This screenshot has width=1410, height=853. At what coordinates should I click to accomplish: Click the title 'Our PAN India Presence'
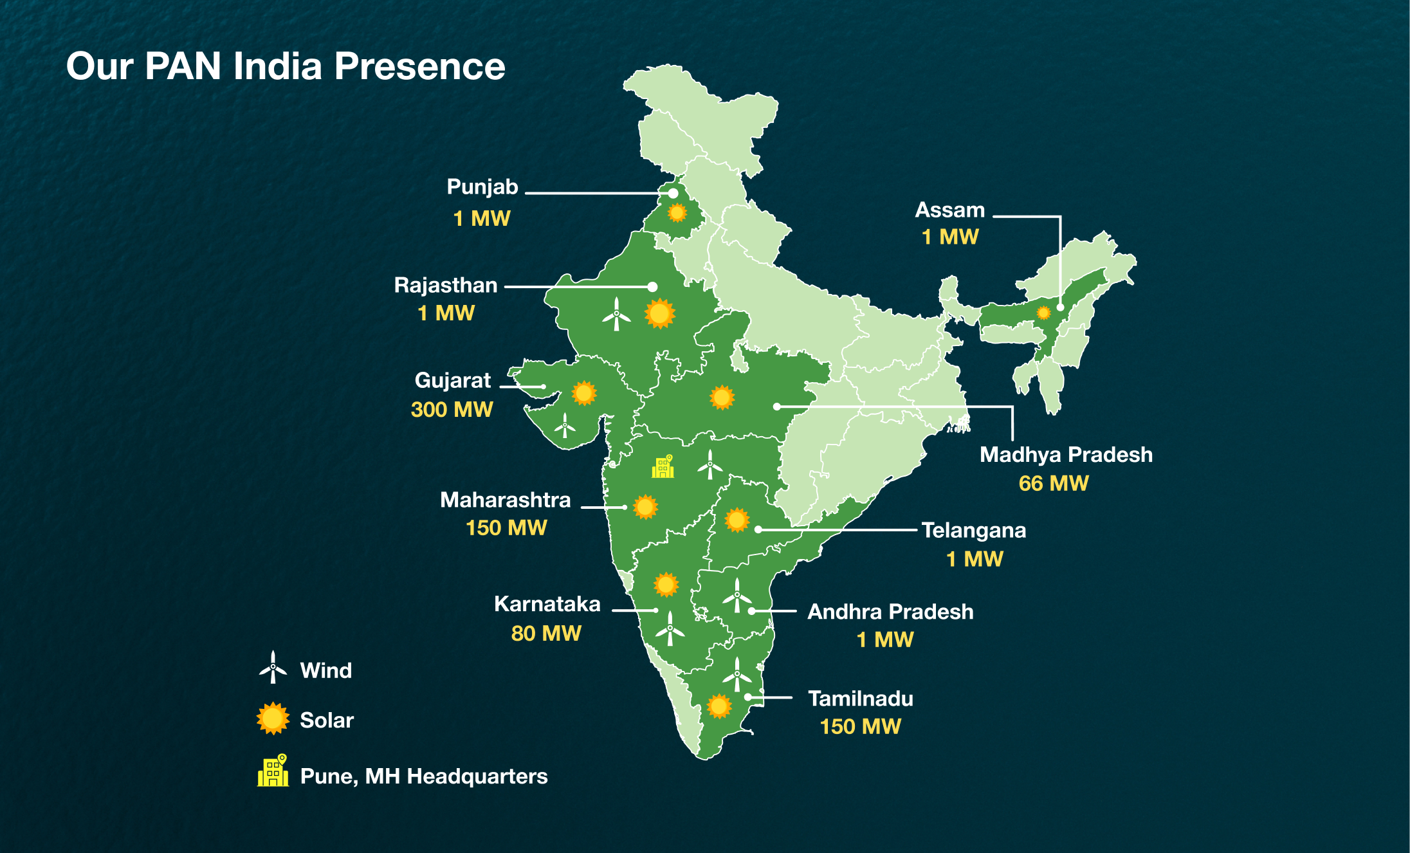tap(286, 66)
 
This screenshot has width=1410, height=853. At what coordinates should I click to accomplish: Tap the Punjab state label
tap(482, 187)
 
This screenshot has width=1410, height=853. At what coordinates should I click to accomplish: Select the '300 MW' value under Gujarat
tap(452, 409)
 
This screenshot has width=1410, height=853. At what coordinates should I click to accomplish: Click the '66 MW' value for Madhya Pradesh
tap(1053, 483)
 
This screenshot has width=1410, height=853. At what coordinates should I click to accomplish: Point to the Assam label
tap(949, 210)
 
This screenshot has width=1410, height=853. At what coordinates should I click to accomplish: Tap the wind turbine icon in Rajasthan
tap(616, 315)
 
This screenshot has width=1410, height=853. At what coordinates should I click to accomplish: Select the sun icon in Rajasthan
tap(659, 314)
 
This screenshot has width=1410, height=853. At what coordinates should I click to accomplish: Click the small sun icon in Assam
tap(1043, 313)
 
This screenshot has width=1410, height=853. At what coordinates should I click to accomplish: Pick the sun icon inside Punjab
tap(677, 212)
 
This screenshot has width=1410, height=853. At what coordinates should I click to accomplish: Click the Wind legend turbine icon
tap(273, 668)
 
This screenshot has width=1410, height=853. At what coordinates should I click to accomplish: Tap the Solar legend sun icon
tap(273, 719)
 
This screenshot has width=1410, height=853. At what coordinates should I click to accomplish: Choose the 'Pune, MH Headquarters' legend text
tap(424, 776)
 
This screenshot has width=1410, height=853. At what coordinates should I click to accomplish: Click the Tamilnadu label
tap(860, 699)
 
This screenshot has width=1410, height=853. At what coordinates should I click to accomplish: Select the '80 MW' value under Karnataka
tap(545, 633)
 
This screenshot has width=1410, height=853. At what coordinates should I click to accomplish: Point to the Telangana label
tap(973, 531)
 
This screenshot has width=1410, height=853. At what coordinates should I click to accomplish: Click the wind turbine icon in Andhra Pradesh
tap(737, 596)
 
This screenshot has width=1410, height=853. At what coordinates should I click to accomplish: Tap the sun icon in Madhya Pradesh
tap(722, 398)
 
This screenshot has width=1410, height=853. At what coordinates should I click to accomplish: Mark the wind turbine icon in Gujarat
tap(565, 426)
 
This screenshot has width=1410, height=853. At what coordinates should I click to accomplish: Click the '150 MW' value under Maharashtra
tap(506, 527)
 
